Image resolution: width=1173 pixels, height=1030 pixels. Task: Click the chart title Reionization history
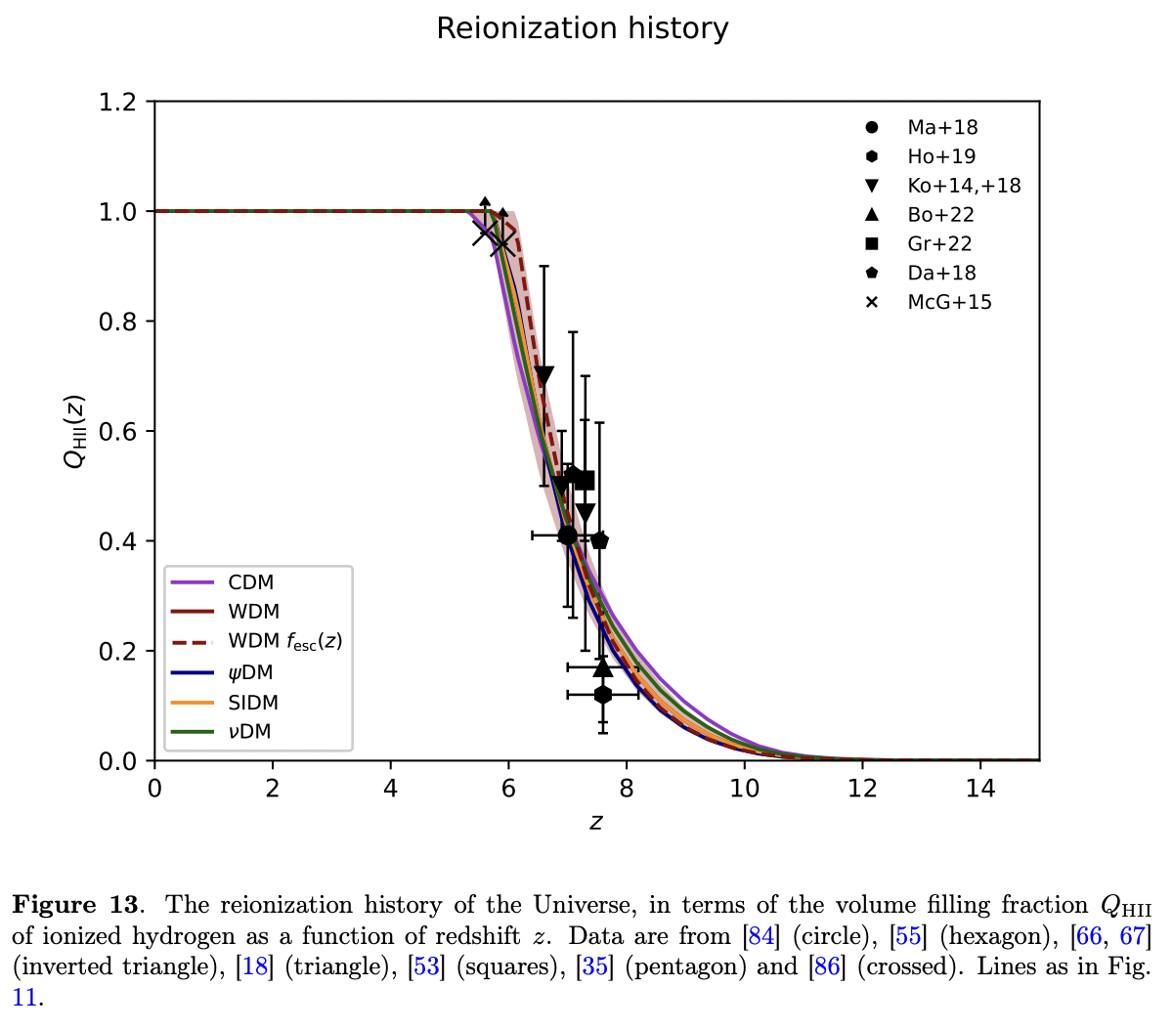tap(583, 28)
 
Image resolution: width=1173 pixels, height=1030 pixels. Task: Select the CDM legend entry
tap(251, 582)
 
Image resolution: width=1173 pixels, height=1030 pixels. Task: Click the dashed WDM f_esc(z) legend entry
tap(284, 642)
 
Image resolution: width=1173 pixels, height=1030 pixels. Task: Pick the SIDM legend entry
tap(253, 703)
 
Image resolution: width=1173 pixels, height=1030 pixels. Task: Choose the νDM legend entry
tap(249, 732)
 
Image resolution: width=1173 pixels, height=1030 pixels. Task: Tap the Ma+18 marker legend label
tap(942, 127)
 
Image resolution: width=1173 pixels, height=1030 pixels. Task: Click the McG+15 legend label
tap(949, 302)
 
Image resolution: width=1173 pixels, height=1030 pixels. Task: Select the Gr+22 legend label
tap(939, 243)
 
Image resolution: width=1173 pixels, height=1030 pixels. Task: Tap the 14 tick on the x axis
tap(980, 789)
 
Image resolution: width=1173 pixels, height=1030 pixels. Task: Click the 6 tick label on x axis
tap(508, 789)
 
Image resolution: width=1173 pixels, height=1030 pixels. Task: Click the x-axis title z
tap(596, 822)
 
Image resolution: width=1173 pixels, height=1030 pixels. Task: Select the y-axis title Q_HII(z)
tap(75, 431)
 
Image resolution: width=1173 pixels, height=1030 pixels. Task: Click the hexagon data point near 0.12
tap(603, 695)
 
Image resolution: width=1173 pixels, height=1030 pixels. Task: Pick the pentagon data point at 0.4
tap(600, 540)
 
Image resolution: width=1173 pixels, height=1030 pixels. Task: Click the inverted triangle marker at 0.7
tap(544, 375)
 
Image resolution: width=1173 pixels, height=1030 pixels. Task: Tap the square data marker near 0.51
tap(586, 480)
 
